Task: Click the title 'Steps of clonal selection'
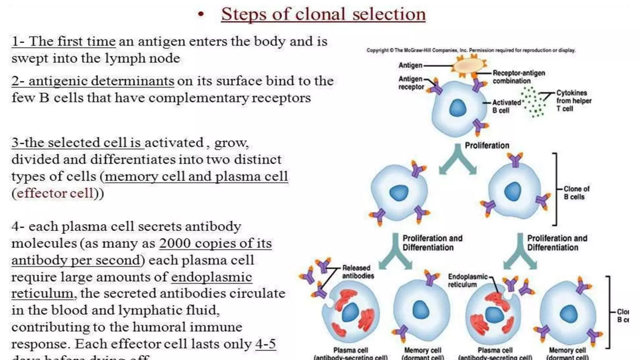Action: click(x=323, y=14)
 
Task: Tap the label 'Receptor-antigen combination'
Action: click(x=518, y=77)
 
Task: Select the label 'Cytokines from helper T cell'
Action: click(x=573, y=101)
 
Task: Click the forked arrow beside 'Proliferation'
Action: click(x=457, y=160)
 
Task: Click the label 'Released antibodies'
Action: click(x=358, y=272)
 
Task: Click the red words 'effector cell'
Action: click(x=55, y=193)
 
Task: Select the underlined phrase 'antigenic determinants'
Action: click(x=101, y=81)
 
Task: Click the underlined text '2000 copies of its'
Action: click(x=215, y=243)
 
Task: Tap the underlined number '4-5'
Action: click(x=265, y=344)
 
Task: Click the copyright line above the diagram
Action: click(x=471, y=50)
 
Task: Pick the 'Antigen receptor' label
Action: click(x=411, y=83)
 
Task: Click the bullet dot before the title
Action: click(x=201, y=14)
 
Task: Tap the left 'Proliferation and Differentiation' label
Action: click(x=432, y=243)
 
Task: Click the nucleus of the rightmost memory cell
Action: click(x=568, y=314)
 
